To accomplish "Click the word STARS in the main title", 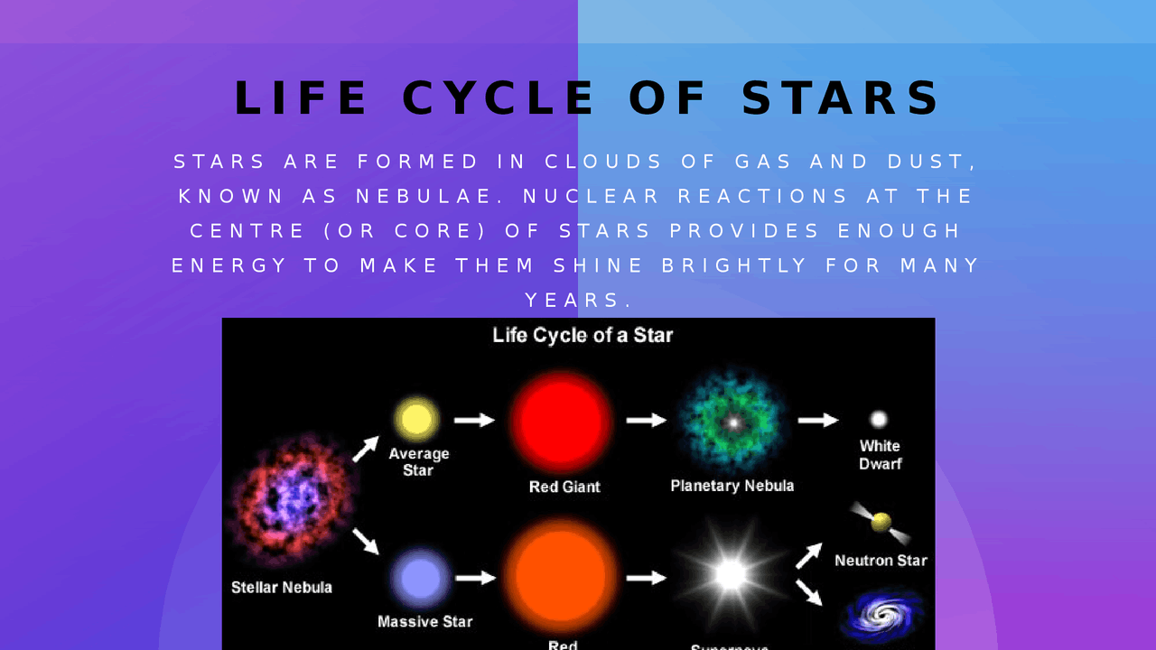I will (x=841, y=98).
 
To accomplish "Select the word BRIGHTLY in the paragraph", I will (x=734, y=265).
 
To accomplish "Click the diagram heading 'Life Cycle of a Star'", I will (x=583, y=335).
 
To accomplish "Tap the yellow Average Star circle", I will (x=416, y=420).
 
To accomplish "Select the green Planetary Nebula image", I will (x=732, y=421).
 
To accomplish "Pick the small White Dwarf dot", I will (x=878, y=420).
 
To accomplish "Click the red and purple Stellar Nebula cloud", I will (x=292, y=498).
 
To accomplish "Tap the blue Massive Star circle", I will (x=420, y=578).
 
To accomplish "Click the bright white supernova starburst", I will (x=730, y=574).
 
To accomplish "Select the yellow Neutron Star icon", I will (x=881, y=523).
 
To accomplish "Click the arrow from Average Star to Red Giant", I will (x=474, y=420).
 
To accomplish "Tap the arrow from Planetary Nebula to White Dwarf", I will (x=818, y=420).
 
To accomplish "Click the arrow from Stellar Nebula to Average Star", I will (x=365, y=449).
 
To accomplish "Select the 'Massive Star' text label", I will (x=424, y=621).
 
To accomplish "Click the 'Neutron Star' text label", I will (x=881, y=560).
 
